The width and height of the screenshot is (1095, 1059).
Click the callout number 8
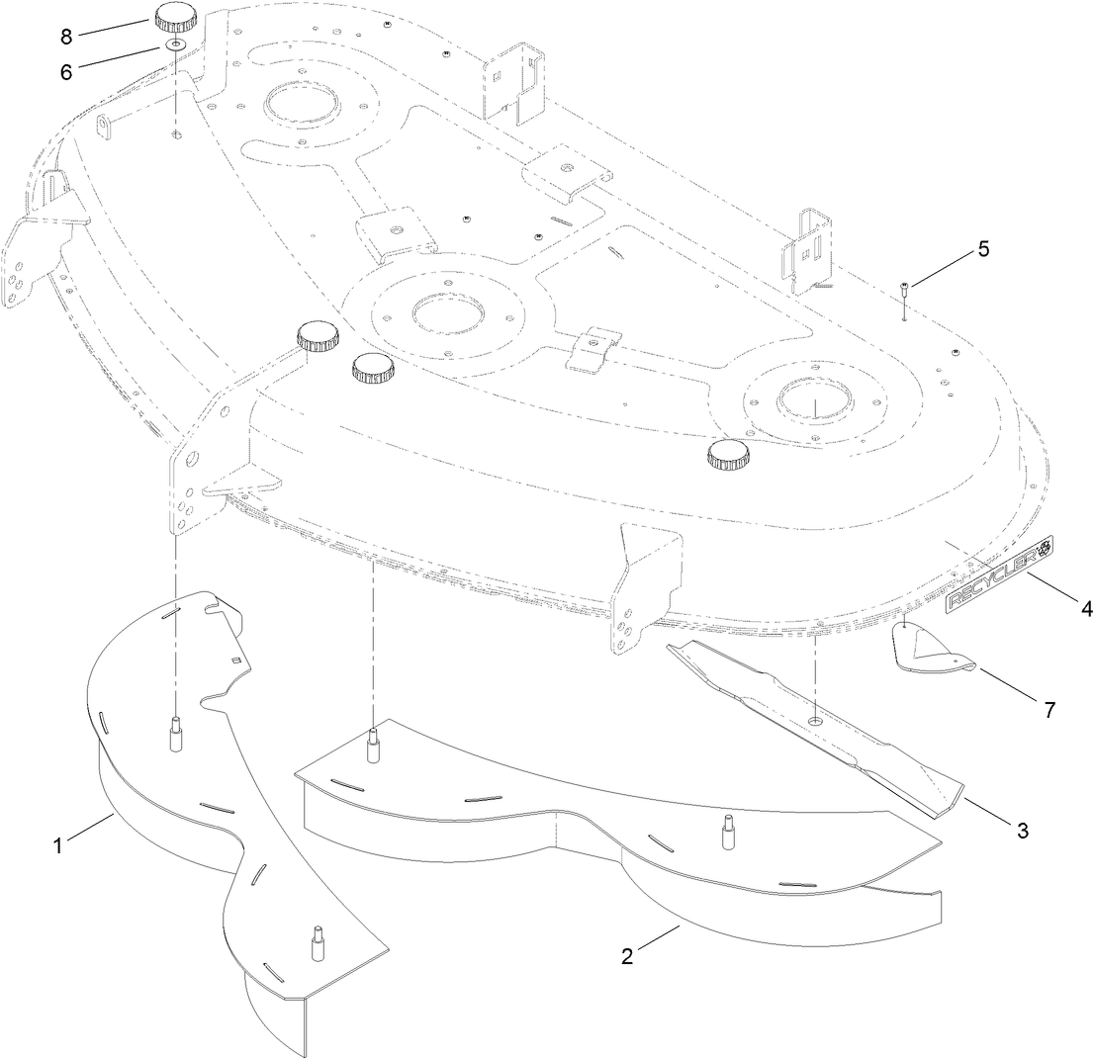coord(66,37)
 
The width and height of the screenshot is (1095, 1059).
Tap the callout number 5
coord(982,249)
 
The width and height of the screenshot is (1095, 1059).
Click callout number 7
coord(1049,709)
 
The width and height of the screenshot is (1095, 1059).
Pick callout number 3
coord(1022,831)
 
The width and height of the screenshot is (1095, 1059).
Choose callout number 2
coord(627,955)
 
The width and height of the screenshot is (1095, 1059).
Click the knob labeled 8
coord(175,19)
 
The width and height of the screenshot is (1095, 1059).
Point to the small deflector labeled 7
coord(935,652)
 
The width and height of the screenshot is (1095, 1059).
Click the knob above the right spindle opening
coord(729,455)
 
